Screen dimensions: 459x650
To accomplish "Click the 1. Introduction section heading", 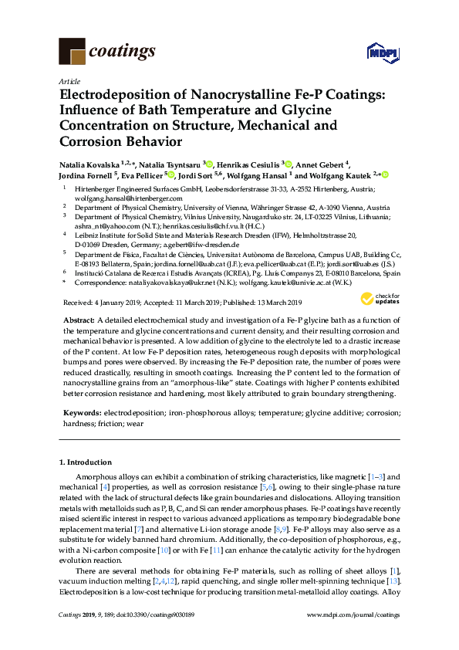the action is (x=86, y=462).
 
